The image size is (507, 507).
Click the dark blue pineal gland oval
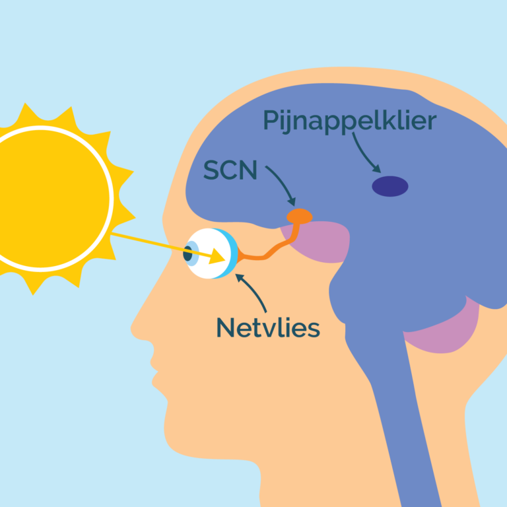point(389,186)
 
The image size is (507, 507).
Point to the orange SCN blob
point(299,216)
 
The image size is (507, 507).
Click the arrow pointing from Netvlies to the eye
point(255,294)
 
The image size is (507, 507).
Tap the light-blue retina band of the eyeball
point(233,254)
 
